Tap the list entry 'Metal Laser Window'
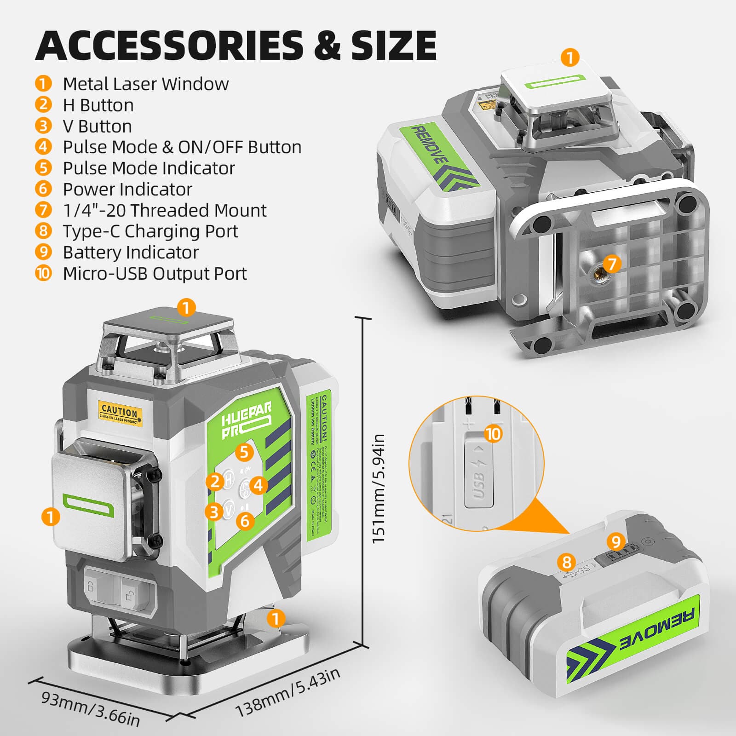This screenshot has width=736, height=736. point(145,84)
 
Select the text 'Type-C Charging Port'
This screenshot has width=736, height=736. point(150,231)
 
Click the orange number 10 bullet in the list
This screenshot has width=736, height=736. point(43,273)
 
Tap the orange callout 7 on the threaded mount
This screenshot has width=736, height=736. point(612,264)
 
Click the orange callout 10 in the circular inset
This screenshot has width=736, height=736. point(493,434)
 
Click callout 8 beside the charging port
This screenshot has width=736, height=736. point(567,562)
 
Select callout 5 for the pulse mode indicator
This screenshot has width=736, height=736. point(244,452)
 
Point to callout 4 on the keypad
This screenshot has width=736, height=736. point(259,485)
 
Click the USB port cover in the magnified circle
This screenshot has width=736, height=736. point(478,474)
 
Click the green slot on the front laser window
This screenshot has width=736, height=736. point(88,506)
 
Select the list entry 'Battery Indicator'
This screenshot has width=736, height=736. point(131,252)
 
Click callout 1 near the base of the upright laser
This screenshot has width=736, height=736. point(276,618)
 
